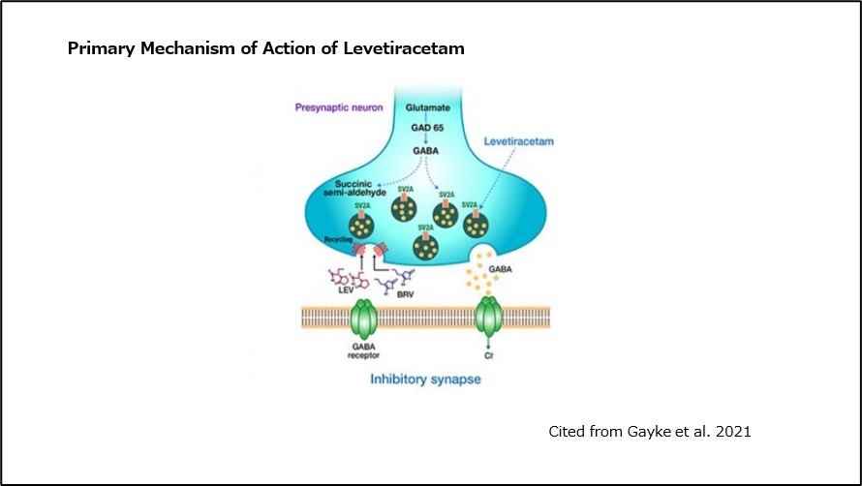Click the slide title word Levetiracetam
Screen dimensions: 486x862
click(404, 48)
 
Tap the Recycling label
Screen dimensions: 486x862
click(335, 236)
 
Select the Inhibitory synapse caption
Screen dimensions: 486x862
click(424, 380)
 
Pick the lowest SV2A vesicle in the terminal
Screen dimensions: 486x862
click(425, 244)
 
